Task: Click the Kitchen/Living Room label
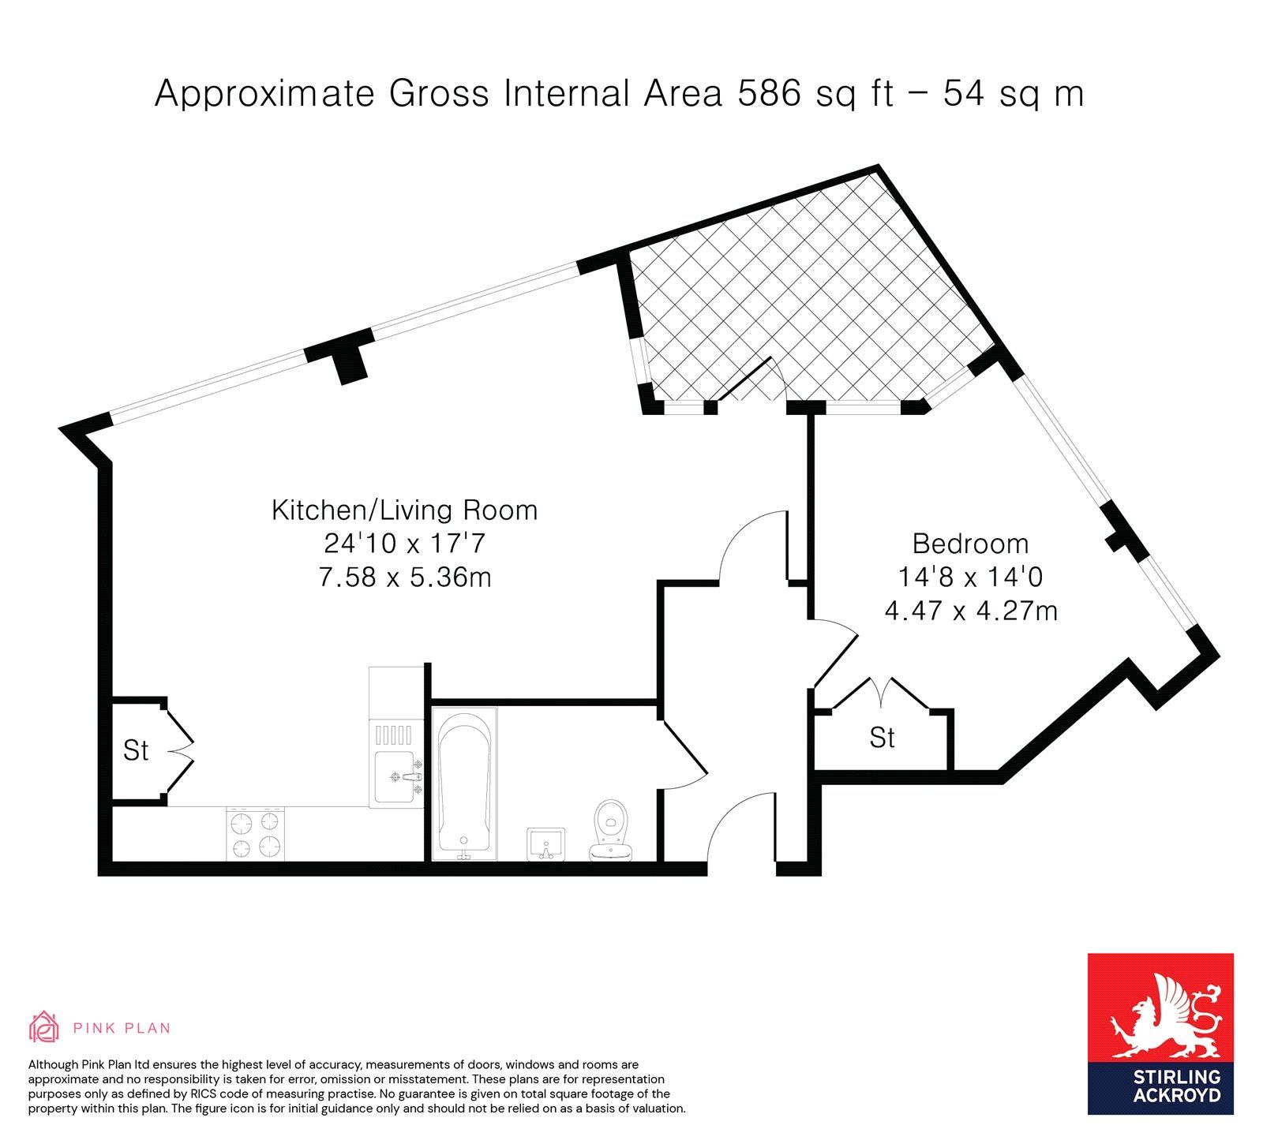point(404,510)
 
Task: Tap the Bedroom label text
point(970,544)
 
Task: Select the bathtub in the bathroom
point(465,783)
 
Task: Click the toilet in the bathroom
point(610,829)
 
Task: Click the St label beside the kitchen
point(136,750)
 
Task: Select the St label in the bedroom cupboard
point(882,738)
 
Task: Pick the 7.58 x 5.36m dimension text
point(404,578)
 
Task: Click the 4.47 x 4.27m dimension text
point(971,611)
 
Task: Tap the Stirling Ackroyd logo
point(1160,1034)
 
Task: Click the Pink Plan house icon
point(44,1027)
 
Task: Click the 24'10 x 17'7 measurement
point(404,544)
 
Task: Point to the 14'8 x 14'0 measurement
point(970,577)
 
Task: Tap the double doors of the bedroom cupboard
point(883,694)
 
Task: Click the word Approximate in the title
point(264,95)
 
